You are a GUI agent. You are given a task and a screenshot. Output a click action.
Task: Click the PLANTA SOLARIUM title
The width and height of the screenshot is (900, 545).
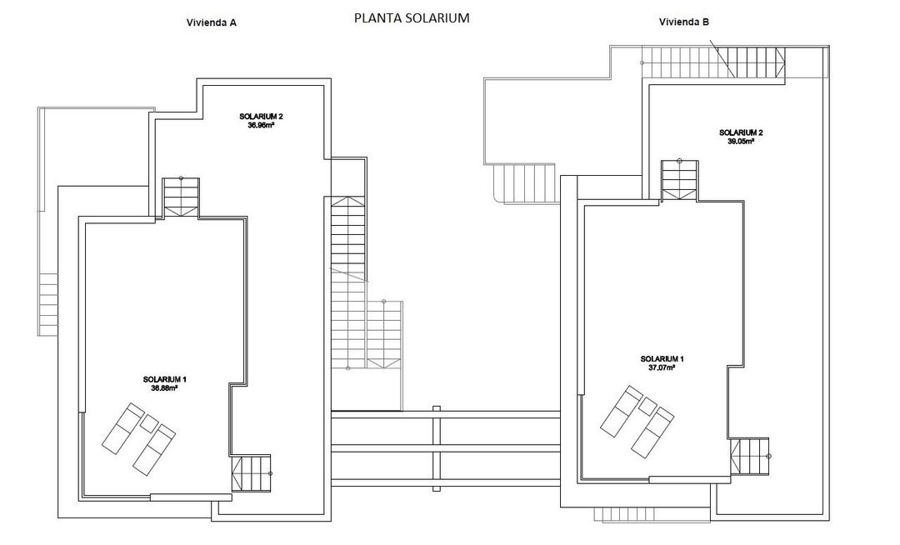tap(411, 17)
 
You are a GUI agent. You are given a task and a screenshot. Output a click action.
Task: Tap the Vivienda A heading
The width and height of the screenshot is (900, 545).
tap(211, 23)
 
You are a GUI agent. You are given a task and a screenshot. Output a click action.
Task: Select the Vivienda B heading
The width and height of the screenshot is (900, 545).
tap(683, 22)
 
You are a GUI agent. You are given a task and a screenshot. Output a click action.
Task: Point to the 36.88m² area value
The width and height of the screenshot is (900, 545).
tap(163, 387)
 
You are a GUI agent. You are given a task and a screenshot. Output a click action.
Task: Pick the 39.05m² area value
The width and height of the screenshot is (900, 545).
tap(740, 142)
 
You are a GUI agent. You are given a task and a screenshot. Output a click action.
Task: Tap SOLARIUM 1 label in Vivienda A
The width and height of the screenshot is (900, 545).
tap(163, 379)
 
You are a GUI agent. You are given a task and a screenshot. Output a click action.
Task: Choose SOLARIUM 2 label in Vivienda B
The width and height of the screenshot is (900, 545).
tap(741, 132)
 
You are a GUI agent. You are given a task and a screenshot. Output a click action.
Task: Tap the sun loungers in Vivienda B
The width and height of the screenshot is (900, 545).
tap(637, 422)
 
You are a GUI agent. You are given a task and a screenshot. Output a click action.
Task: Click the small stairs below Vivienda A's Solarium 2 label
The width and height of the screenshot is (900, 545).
tap(181, 197)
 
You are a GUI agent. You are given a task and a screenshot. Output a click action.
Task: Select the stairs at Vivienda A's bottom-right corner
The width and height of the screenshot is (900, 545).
tap(252, 473)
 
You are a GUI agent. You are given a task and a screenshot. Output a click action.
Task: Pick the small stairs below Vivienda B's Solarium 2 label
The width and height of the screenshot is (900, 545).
tap(678, 179)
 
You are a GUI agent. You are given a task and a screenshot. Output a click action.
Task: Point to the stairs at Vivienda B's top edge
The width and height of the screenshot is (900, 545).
tap(713, 62)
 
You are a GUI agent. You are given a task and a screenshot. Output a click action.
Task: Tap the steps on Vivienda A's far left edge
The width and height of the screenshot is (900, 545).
tap(48, 304)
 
